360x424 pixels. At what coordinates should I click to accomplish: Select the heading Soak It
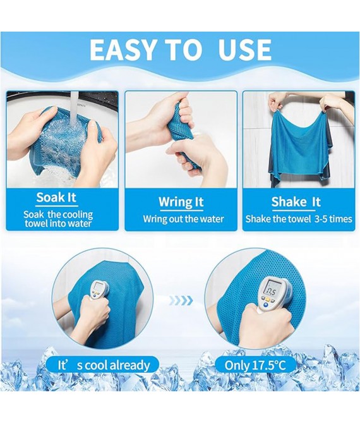click(x=56, y=198)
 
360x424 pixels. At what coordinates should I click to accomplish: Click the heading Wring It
click(x=181, y=202)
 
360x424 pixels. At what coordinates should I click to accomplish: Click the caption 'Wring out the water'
click(x=181, y=219)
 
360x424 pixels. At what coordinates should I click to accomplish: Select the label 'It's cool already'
click(x=104, y=365)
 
